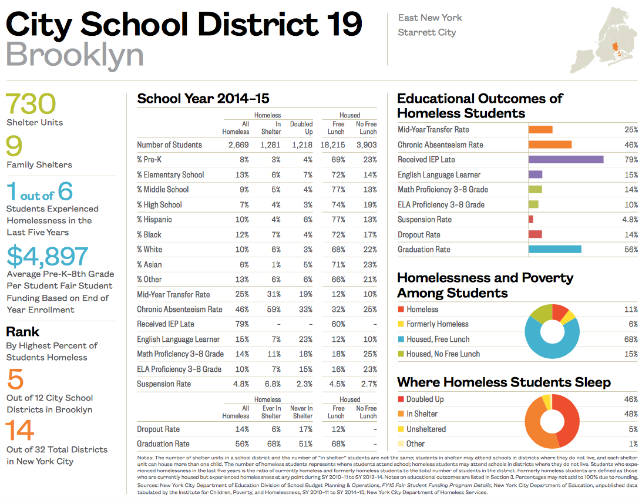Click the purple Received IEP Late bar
(566, 159)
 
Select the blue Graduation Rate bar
(554, 249)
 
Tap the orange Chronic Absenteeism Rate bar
(550, 144)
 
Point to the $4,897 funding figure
(48, 256)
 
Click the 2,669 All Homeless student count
(237, 144)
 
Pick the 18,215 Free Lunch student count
(332, 144)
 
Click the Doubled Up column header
(301, 127)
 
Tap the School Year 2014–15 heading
(203, 99)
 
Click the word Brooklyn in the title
(75, 55)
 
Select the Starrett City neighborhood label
(426, 32)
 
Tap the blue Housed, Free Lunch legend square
(401, 339)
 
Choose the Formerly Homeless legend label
(437, 324)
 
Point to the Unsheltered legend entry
(426, 429)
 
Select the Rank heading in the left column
(22, 331)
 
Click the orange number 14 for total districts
(21, 431)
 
